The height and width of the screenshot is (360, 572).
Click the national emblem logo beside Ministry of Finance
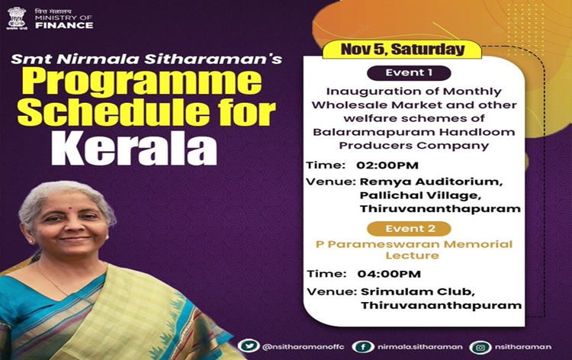17,18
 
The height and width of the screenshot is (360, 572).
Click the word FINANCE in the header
64,25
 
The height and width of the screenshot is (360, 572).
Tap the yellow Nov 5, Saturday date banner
403,50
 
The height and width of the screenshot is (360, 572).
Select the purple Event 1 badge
409,73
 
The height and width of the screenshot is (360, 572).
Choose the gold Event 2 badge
409,229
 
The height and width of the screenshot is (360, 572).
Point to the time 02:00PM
387,166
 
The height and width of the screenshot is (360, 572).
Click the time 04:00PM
389,274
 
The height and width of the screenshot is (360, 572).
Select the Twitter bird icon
249,346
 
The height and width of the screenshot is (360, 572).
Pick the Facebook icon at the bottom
363,346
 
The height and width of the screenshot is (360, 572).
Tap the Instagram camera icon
480,347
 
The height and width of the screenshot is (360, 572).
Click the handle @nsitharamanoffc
303,346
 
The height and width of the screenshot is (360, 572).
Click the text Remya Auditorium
432,182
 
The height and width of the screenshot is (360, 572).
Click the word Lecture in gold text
412,256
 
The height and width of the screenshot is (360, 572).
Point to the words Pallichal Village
420,195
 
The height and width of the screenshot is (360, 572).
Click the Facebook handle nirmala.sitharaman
420,347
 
